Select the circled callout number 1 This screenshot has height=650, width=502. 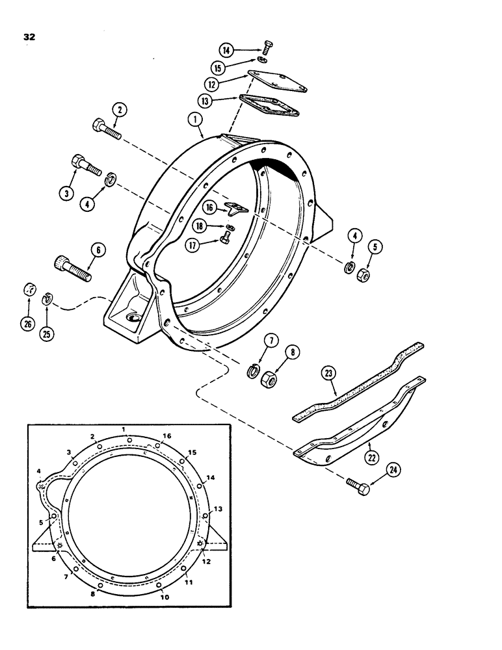(193, 120)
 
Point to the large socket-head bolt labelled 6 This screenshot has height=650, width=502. (71, 267)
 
